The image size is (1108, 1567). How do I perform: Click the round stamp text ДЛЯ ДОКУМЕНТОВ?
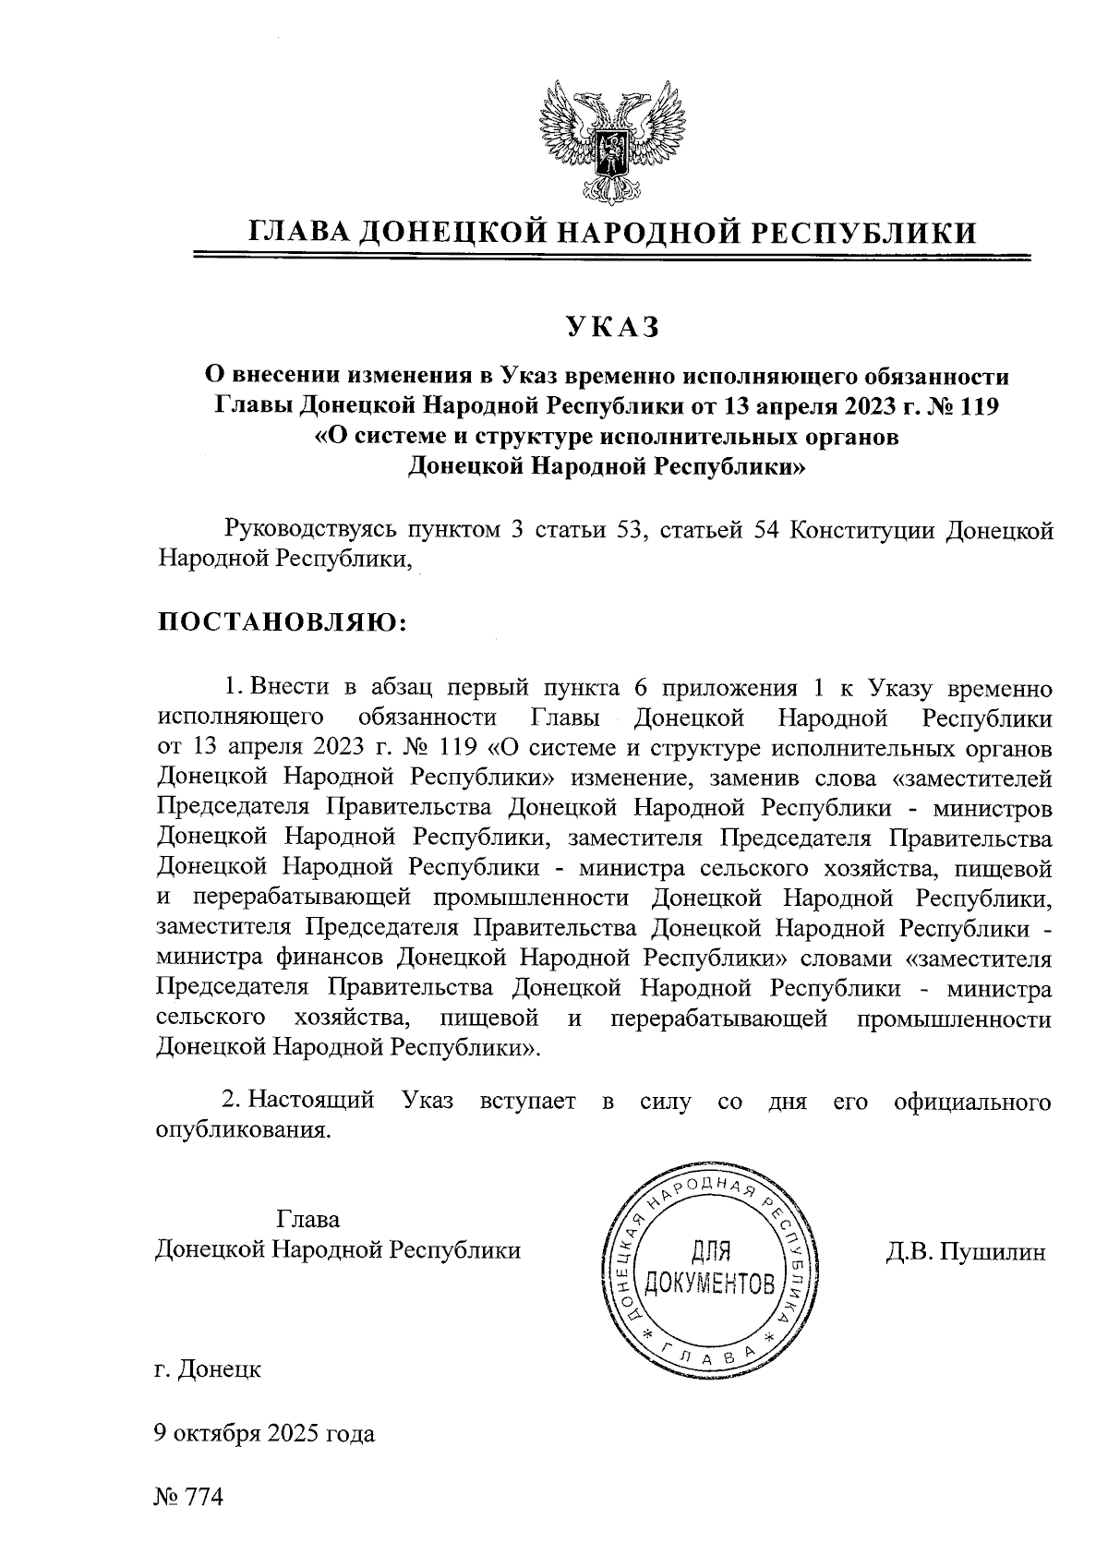[x=709, y=1267]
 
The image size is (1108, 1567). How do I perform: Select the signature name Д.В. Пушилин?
[x=965, y=1252]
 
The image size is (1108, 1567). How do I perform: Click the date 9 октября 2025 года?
[x=265, y=1434]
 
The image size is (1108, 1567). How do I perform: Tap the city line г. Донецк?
[x=209, y=1369]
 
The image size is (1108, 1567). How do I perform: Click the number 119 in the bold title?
[x=978, y=407]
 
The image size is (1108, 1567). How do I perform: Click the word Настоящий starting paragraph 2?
[x=312, y=1100]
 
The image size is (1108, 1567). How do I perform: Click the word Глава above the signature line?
[x=308, y=1219]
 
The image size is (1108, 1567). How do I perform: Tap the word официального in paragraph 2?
[x=973, y=1100]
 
